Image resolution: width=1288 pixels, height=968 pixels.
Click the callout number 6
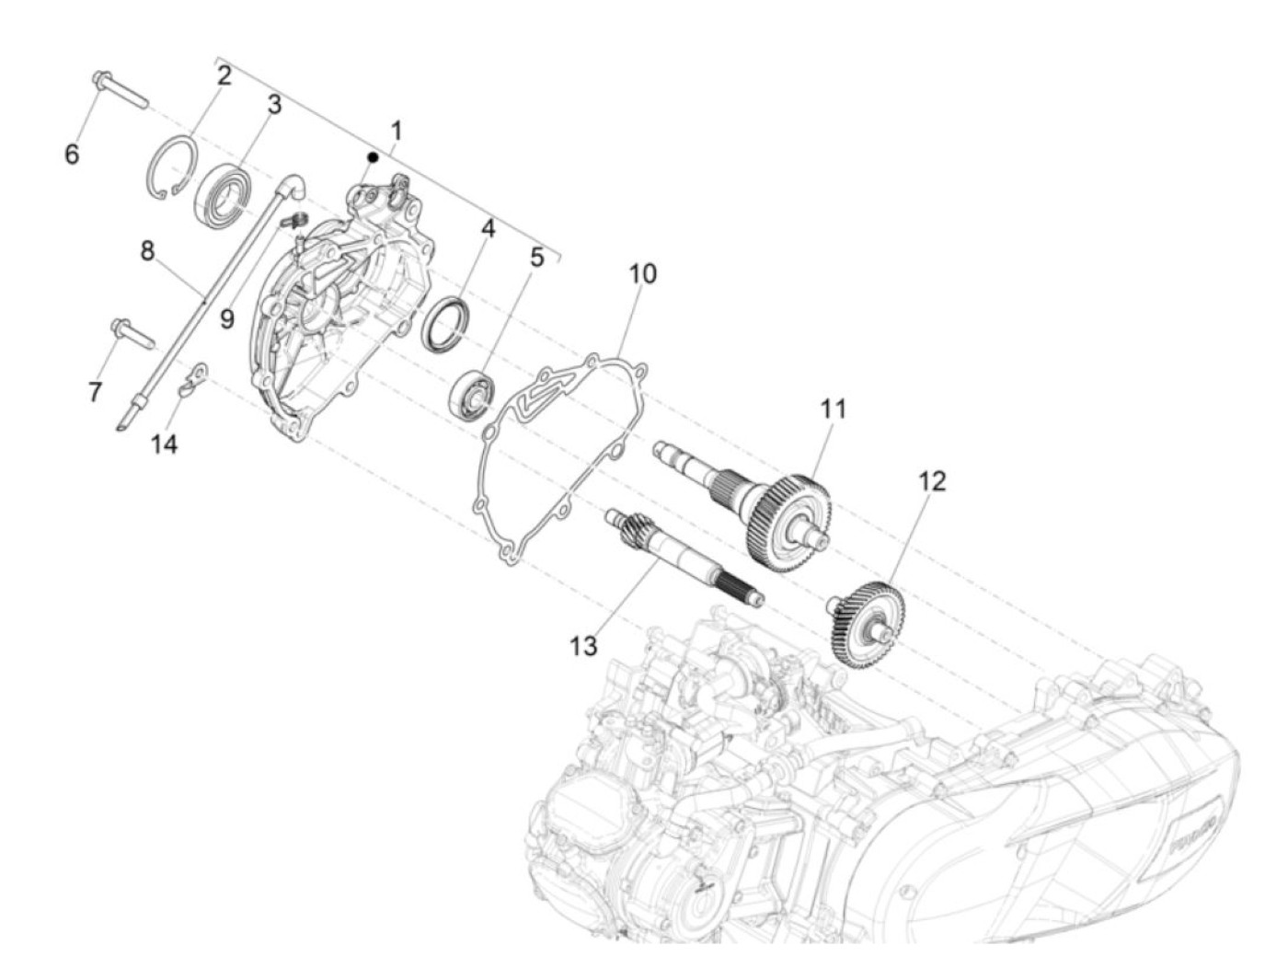coord(72,154)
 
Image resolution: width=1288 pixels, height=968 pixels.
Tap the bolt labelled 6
coord(119,92)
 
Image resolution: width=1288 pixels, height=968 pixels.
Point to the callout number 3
coord(273,105)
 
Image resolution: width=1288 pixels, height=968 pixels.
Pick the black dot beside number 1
coord(373,157)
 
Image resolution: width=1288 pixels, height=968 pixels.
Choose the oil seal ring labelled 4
coord(444,324)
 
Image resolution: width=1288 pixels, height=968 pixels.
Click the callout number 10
coord(643,273)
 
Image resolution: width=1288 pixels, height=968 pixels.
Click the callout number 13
coord(583,646)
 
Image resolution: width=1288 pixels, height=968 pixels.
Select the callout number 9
coord(226,319)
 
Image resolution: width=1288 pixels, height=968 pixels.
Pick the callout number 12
coord(931,481)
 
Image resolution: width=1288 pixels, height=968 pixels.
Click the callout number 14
coord(165,444)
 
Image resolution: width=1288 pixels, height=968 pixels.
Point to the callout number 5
coord(536,258)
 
